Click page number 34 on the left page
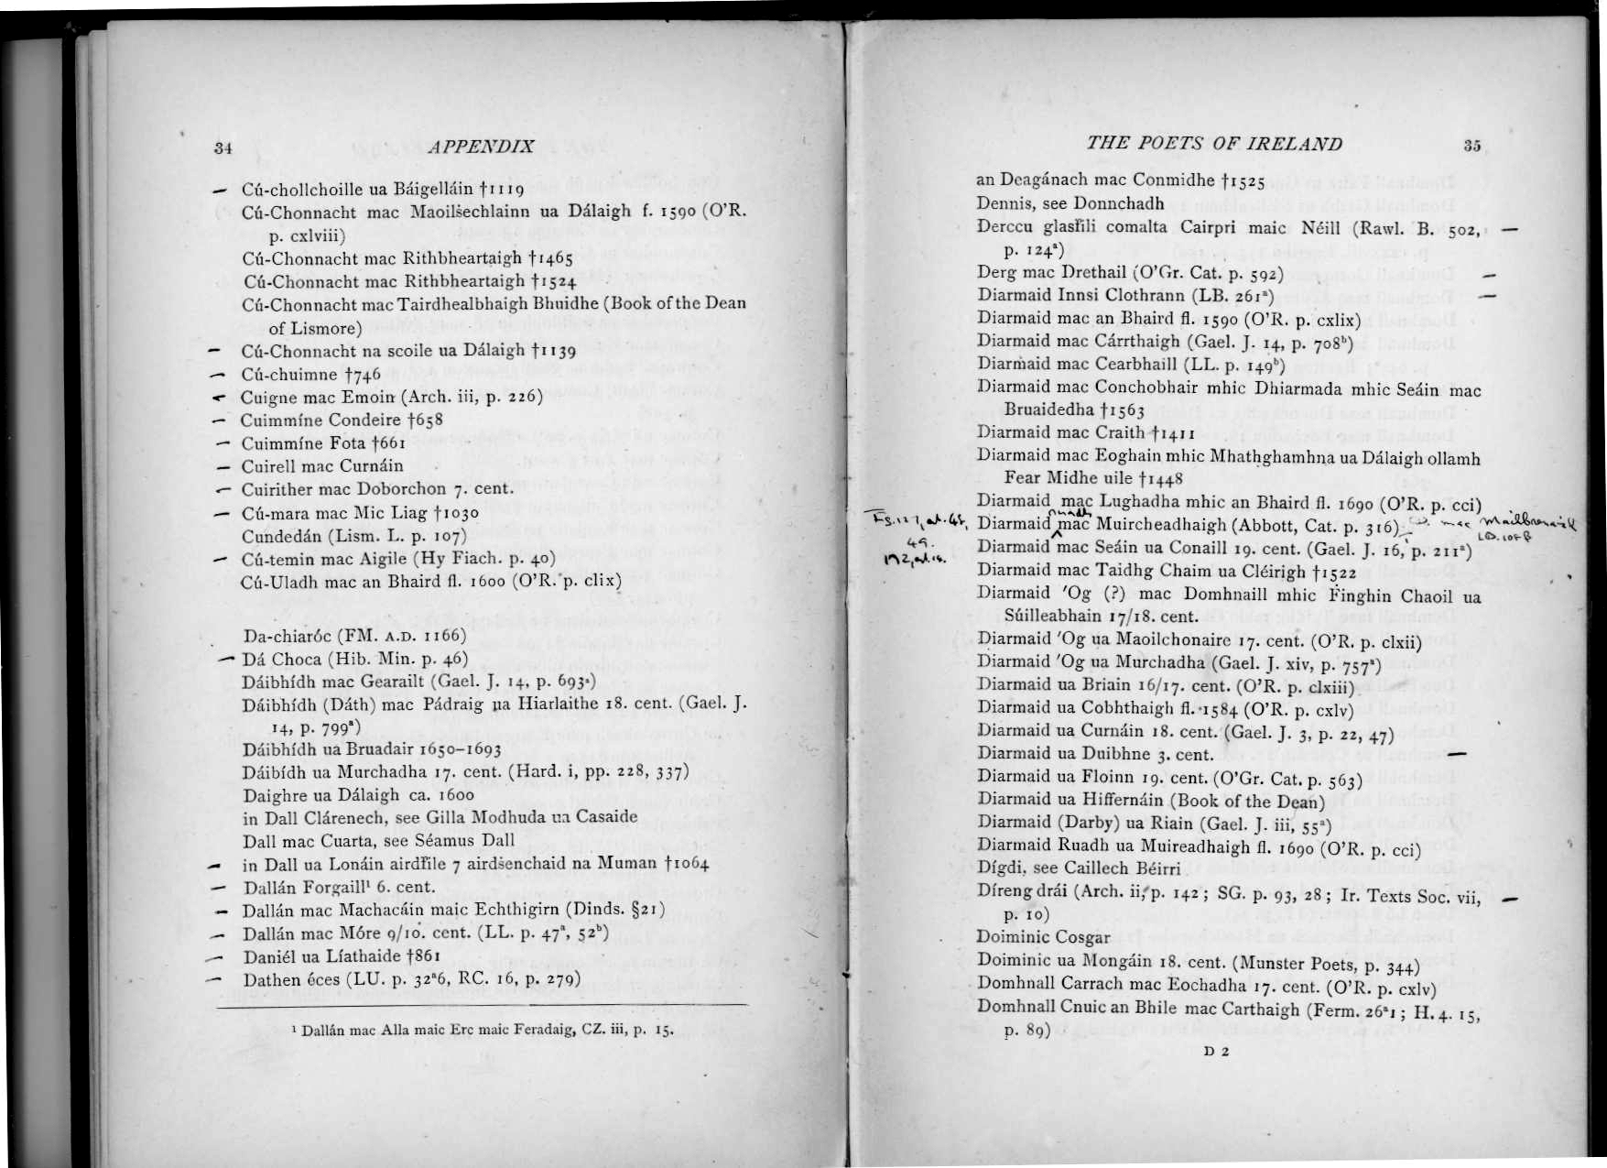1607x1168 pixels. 223,147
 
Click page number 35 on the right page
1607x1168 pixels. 1471,145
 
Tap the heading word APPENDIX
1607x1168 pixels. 481,147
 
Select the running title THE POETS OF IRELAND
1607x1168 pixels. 1213,144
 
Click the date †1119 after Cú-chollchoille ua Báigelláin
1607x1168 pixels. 501,191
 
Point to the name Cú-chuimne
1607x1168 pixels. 288,375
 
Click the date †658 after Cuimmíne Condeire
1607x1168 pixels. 425,420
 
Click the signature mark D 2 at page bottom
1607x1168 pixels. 1216,1051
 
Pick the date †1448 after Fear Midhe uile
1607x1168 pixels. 1161,478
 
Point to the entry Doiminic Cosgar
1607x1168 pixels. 1043,936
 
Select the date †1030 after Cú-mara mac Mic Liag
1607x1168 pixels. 455,514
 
